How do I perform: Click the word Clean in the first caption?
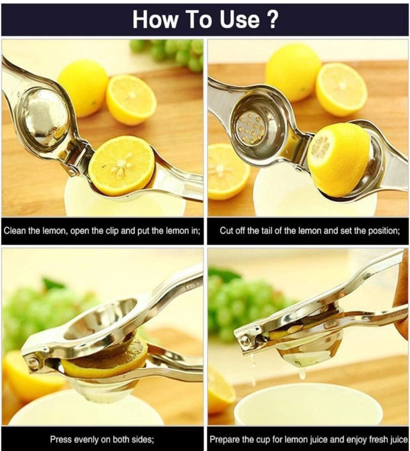(x=15, y=231)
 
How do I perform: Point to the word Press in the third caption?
(x=61, y=440)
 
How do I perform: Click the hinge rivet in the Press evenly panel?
(x=33, y=362)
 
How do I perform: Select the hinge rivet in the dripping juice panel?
(x=245, y=341)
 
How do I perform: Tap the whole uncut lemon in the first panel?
(x=83, y=88)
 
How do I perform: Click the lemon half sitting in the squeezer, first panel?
(x=122, y=166)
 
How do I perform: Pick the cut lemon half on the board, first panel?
(x=131, y=99)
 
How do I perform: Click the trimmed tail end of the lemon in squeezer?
(x=319, y=147)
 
